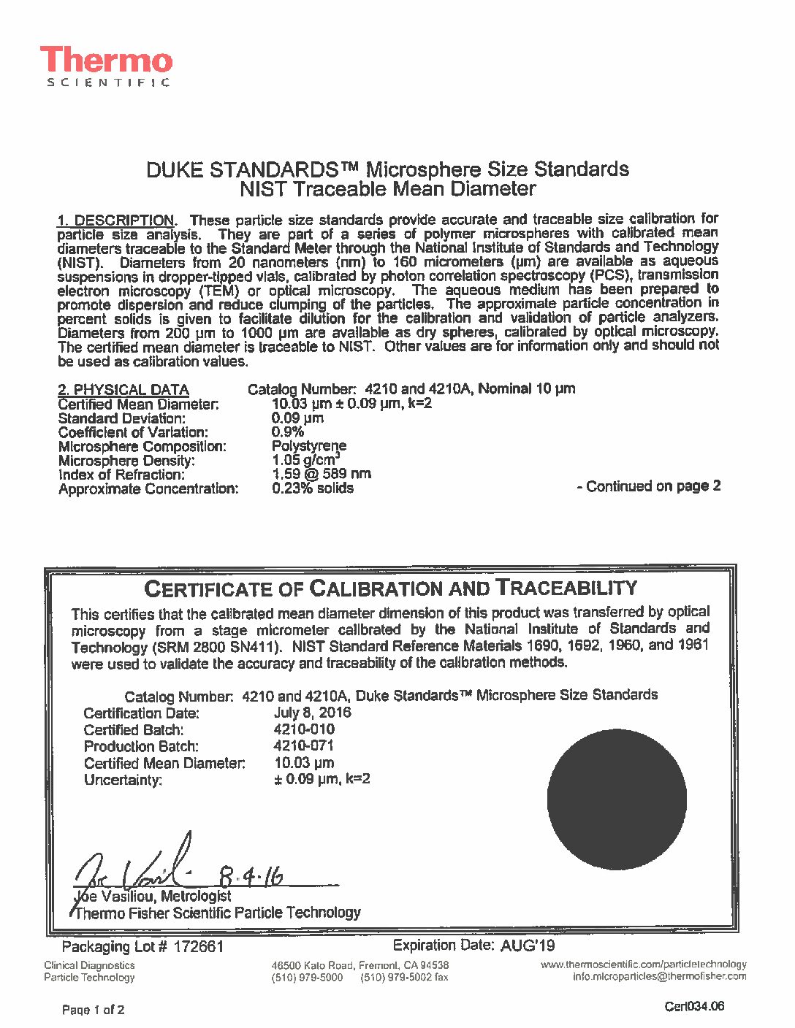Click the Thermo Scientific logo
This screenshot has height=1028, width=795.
(x=107, y=66)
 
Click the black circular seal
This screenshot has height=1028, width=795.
(x=617, y=799)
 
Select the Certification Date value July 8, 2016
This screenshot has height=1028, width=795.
(x=312, y=713)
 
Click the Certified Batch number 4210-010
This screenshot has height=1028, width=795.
(x=304, y=729)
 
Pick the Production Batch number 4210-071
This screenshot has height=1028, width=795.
(x=303, y=745)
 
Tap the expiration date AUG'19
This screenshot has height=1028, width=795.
(x=528, y=946)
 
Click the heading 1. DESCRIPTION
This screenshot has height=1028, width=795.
(x=116, y=220)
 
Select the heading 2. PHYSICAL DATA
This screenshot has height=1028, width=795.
(x=123, y=390)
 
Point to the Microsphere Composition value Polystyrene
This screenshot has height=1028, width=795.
(x=309, y=446)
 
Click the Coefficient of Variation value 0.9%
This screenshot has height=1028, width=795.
(x=287, y=432)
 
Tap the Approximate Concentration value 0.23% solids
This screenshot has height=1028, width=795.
(x=313, y=488)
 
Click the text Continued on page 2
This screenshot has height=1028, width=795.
(x=649, y=486)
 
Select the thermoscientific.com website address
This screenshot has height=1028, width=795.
(x=643, y=964)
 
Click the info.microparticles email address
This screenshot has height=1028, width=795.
(x=659, y=977)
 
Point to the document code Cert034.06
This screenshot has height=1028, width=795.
(x=694, y=1007)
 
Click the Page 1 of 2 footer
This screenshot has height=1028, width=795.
(x=94, y=1010)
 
